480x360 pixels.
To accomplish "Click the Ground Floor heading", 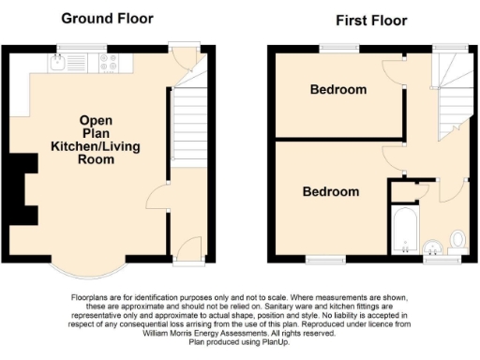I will pos(107,18).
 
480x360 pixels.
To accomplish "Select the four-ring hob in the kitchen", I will pos(108,63).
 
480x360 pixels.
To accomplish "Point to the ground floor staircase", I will pos(188,127).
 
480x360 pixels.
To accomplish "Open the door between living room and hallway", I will pos(157,199).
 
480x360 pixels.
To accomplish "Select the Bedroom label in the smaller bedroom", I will pos(338,90).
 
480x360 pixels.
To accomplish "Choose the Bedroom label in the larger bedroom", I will pos(330,191).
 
